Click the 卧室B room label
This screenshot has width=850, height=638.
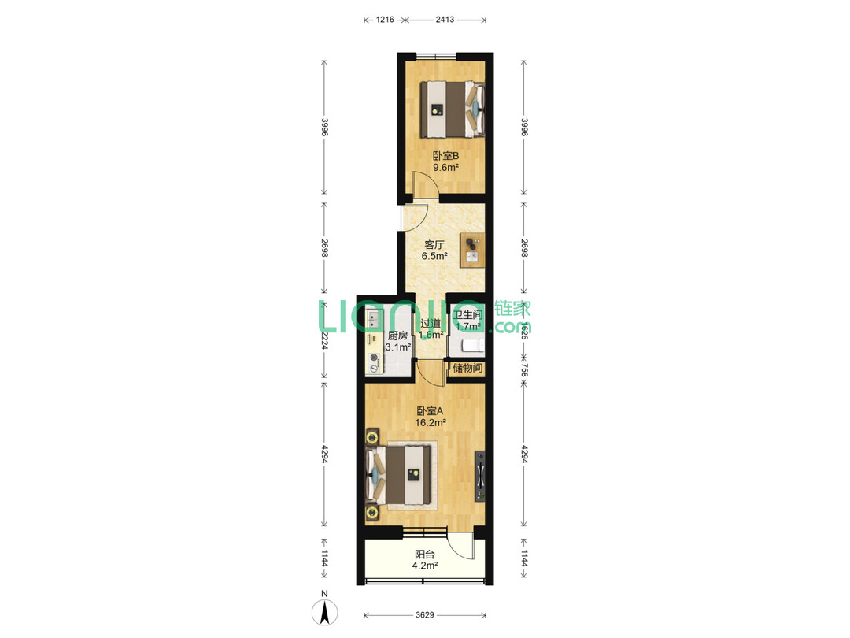pos(445,156)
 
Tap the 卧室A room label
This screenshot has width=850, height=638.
pos(430,411)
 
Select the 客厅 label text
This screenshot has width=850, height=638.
pos(434,245)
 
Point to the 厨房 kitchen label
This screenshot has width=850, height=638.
pos(397,336)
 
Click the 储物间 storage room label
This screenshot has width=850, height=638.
pos(468,369)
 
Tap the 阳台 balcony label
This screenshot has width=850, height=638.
pos(424,555)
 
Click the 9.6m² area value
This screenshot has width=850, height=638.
pos(445,168)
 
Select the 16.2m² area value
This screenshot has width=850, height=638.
pos(431,423)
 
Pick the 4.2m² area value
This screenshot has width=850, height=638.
pos(425,566)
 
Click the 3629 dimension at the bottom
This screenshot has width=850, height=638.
pos(425,615)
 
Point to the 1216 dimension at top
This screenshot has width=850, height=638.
pos(385,20)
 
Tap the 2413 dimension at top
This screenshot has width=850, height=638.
pos(445,20)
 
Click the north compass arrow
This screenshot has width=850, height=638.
pos(325,613)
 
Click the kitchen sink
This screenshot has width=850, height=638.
pos(374,320)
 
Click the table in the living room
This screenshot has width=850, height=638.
pos(472,250)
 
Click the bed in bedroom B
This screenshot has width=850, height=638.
pos(452,109)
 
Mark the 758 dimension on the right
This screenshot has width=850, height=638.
pos(523,370)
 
